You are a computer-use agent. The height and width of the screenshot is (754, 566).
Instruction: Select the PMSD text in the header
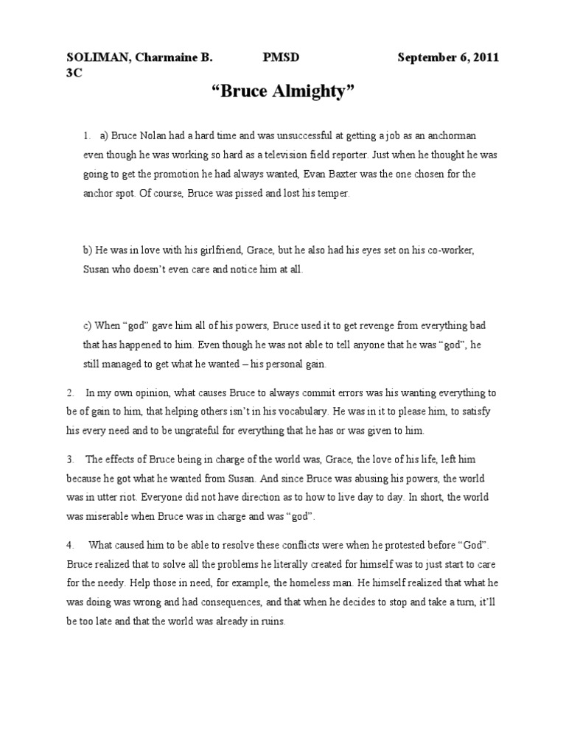pyautogui.click(x=281, y=58)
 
